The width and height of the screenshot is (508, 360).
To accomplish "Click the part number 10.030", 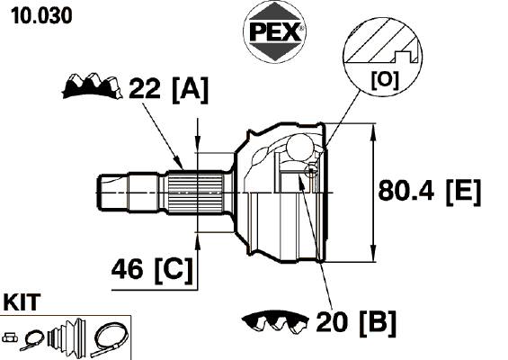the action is [41, 16].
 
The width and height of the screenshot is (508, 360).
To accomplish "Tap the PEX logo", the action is [274, 31].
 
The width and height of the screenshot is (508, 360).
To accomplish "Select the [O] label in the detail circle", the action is [385, 80].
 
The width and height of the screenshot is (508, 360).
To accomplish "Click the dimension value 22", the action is [144, 88].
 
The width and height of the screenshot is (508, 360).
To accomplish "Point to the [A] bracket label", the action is [190, 90].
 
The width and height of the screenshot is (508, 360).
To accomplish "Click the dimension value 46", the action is [127, 268].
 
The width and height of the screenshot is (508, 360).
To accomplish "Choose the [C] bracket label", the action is [174, 271].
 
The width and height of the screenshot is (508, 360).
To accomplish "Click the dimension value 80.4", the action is [406, 191].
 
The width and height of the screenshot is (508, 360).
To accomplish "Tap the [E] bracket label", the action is [463, 193].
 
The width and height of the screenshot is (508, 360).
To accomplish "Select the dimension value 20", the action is [332, 321].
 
